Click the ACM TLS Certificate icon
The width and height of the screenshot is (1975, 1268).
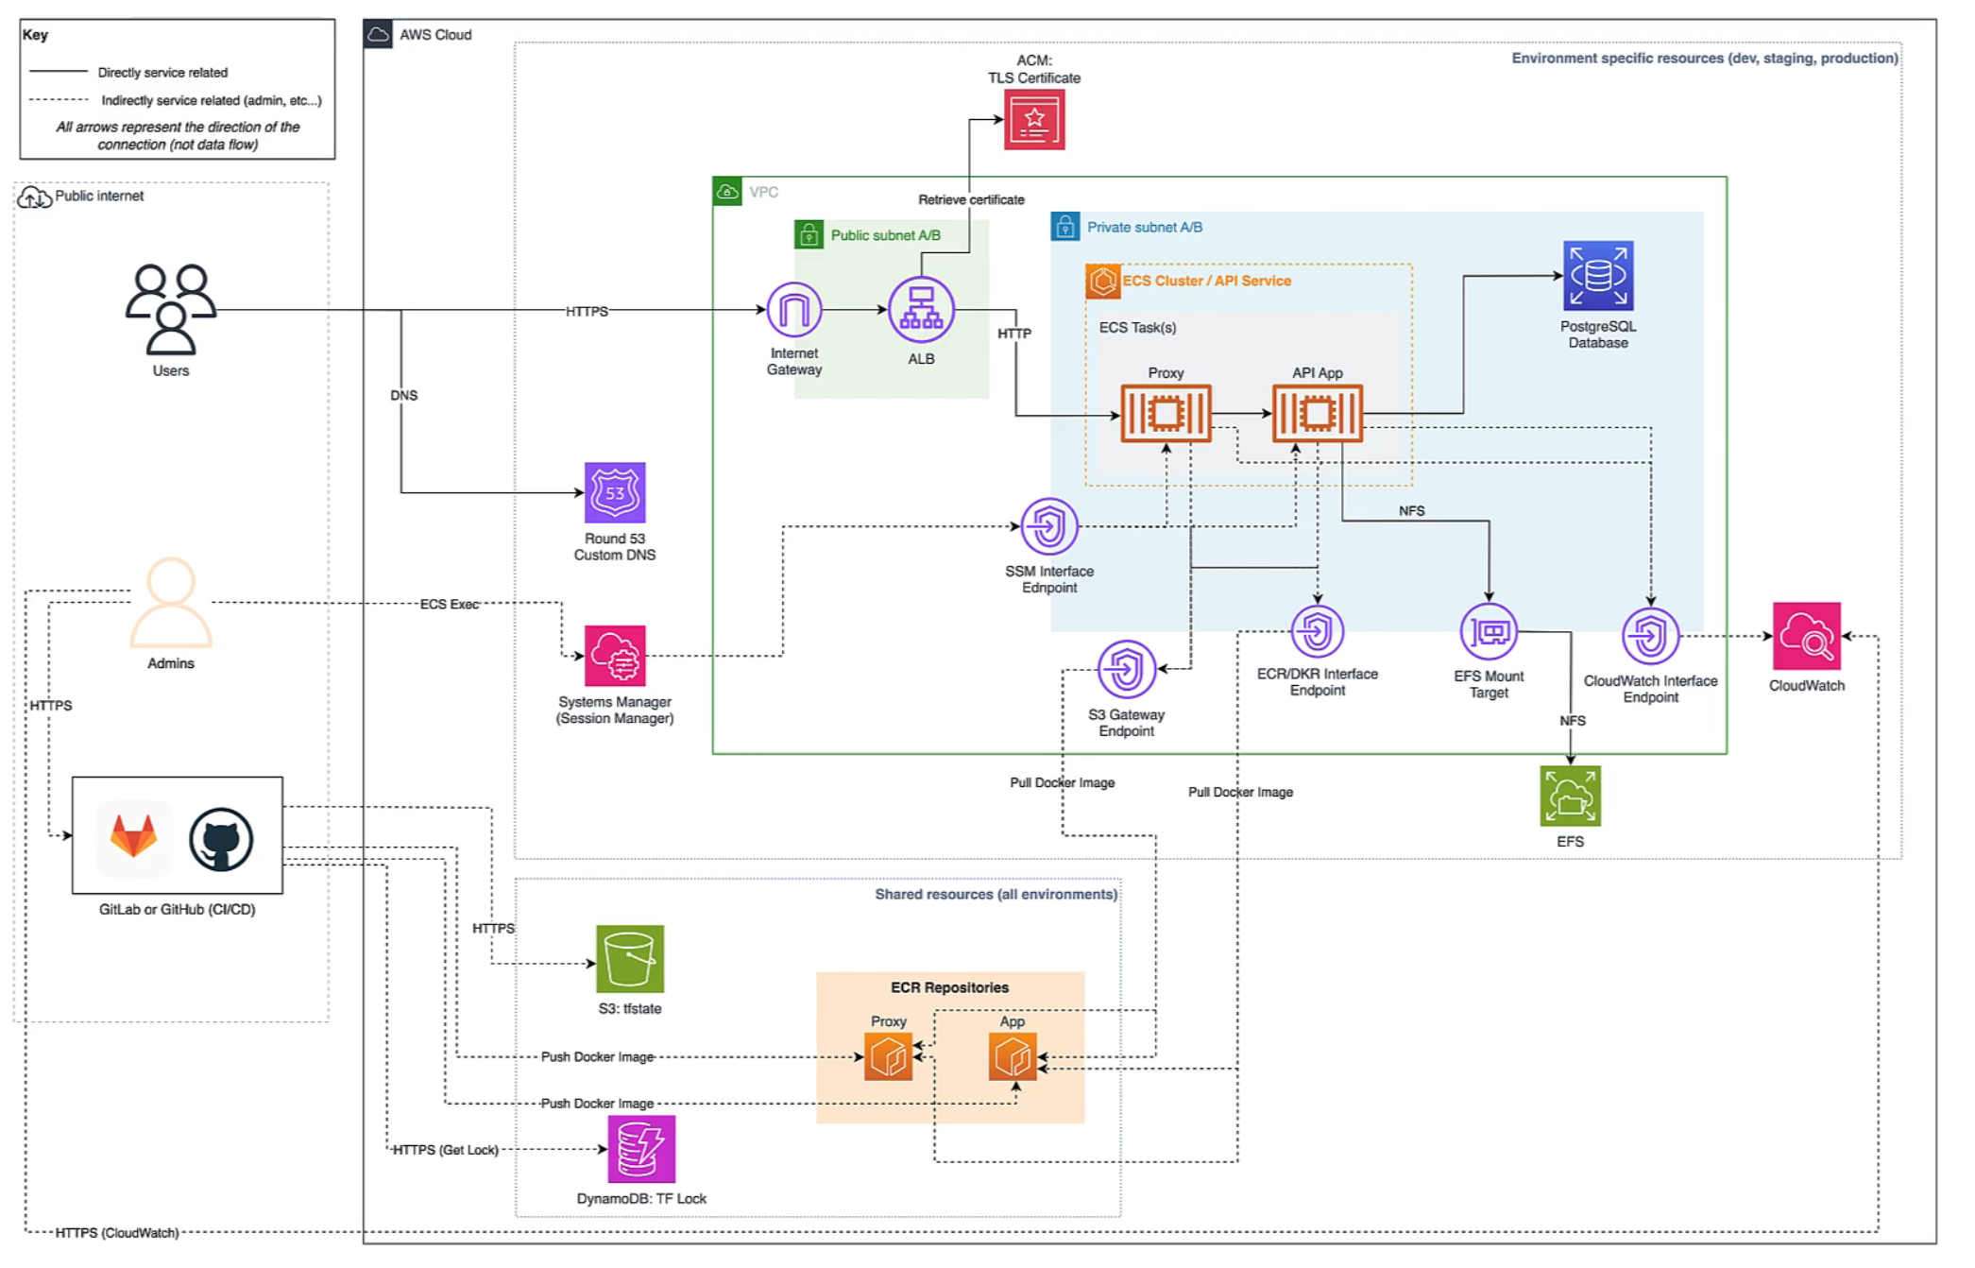(1033, 120)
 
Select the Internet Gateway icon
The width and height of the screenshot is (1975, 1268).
(793, 310)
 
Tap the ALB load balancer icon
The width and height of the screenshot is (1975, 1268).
(921, 310)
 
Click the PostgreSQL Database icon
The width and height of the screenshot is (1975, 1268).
(1597, 276)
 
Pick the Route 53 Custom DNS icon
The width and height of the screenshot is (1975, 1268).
(615, 492)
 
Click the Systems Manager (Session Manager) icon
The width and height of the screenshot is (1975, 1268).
(615, 656)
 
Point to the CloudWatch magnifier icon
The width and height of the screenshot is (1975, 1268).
(1806, 637)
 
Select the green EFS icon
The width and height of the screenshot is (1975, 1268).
(1570, 797)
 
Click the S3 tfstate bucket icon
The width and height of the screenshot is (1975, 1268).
(630, 959)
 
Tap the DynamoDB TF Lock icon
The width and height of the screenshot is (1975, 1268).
(641, 1149)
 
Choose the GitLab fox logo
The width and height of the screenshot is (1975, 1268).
(134, 835)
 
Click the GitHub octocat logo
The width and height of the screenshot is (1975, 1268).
(221, 838)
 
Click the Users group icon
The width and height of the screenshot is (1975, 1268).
(171, 309)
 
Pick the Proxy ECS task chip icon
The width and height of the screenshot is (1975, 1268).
(1166, 414)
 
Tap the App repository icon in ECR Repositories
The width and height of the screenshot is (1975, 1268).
(1013, 1056)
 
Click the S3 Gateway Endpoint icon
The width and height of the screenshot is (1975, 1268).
(1126, 669)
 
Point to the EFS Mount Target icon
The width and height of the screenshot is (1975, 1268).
(1489, 632)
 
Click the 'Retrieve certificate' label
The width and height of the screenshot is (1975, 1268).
(971, 199)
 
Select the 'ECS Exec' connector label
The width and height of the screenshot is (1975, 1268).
(450, 604)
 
